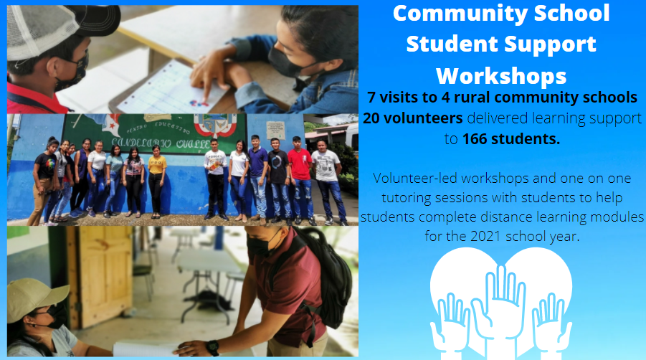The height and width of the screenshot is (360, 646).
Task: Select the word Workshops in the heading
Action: [x=501, y=76]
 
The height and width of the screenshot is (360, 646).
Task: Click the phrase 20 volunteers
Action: [x=413, y=118]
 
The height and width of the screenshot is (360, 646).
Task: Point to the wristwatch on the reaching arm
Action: [x=213, y=347]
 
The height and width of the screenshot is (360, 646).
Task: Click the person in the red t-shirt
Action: [x=300, y=179]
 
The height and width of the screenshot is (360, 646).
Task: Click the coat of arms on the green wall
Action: [x=214, y=125]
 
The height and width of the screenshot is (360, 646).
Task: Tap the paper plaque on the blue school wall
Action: [x=275, y=131]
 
